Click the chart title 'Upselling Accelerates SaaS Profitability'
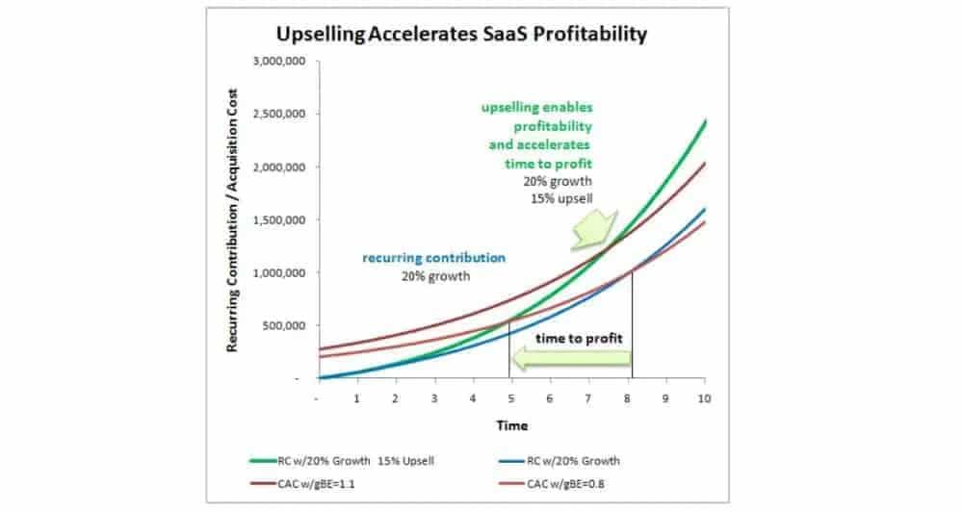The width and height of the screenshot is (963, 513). (461, 36)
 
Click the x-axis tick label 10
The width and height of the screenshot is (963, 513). (704, 398)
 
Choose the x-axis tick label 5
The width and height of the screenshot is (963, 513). (511, 398)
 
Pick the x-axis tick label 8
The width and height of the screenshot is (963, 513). (627, 398)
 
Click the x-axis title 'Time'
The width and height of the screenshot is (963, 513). (511, 424)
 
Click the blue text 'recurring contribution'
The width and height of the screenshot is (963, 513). (433, 258)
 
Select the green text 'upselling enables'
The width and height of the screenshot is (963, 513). (537, 108)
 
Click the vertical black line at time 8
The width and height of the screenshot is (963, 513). (632, 327)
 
